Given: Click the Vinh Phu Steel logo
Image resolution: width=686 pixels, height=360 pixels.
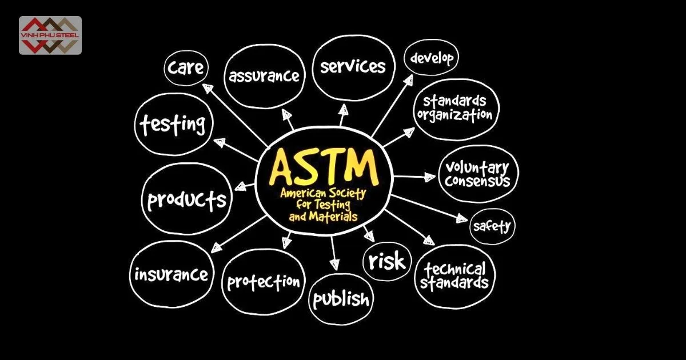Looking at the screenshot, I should [50, 35].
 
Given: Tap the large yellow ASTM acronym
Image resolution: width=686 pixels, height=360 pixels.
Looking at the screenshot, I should [324, 166].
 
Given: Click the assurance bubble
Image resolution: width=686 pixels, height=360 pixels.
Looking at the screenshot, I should [264, 75].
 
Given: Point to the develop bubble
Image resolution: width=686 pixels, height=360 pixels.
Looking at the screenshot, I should [432, 58].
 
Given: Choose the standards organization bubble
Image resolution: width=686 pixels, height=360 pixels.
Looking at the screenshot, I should [455, 107].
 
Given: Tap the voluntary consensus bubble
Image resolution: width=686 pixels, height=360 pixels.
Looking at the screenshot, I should [477, 174].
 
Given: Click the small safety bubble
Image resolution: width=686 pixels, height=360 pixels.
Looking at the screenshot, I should [492, 226].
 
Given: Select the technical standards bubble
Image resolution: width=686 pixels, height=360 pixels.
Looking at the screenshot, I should [455, 275].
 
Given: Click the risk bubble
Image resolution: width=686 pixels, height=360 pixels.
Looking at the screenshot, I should [387, 261].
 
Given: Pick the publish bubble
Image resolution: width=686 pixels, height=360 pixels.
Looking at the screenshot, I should [341, 299].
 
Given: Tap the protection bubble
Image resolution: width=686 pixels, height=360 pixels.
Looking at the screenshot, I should [264, 281].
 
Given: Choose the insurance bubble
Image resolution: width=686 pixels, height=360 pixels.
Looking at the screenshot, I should [171, 275].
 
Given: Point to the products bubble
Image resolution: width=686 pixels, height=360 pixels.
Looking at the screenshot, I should [187, 199].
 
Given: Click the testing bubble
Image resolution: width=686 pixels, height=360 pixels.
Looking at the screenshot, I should [174, 123].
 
